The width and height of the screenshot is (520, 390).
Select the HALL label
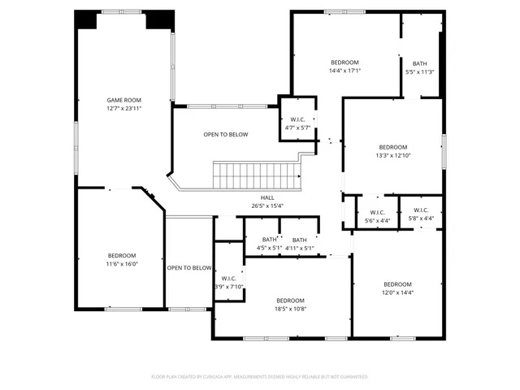267,197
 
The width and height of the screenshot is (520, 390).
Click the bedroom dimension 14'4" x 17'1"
344,71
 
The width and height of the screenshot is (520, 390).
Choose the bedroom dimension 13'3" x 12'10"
393,155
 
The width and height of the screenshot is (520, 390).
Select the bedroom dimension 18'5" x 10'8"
289,308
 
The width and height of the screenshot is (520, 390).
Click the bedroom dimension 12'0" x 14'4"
398,292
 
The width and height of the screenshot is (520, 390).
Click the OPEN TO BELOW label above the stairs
226,135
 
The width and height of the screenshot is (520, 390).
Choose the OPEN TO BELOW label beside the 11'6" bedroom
189,268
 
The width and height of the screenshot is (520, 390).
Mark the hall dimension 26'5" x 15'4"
267,206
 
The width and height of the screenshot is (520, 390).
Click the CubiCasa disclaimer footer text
260,377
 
